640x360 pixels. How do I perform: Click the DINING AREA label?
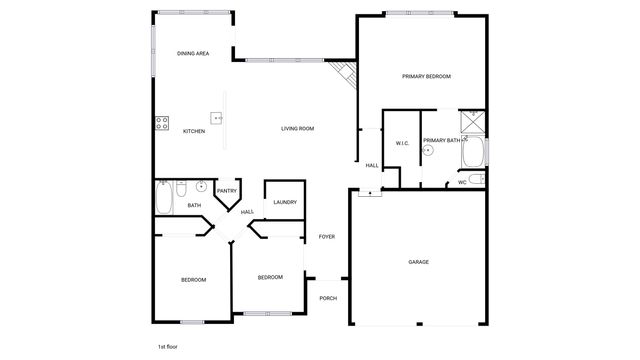[192, 53]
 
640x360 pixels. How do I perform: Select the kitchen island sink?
[216, 116]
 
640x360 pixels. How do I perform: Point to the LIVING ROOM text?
[297, 128]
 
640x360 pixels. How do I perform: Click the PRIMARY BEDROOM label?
[426, 76]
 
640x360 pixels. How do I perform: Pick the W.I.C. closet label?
[402, 143]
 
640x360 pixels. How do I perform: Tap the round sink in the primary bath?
[428, 151]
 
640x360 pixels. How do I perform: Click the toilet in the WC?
[477, 180]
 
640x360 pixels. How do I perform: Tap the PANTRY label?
[227, 191]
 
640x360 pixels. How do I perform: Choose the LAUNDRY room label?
[285, 202]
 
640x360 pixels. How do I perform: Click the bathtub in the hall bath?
[164, 197]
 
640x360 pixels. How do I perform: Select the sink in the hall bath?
[201, 186]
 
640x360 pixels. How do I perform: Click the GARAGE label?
[418, 262]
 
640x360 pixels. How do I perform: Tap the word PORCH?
[327, 298]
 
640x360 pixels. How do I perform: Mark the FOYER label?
[327, 236]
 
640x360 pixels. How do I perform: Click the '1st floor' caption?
[167, 345]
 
